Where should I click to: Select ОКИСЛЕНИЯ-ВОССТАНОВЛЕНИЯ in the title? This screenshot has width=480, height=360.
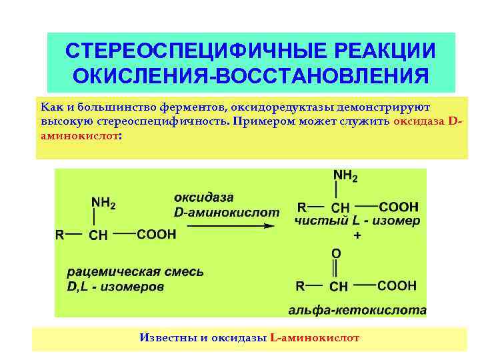tap(251, 76)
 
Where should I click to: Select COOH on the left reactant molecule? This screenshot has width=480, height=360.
tap(157, 235)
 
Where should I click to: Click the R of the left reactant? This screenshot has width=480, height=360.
tap(59, 235)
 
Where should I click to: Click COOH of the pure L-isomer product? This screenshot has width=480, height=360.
tap(399, 207)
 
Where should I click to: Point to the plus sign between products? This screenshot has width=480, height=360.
tap(357, 236)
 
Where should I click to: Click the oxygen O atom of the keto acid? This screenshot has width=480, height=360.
tap(336, 253)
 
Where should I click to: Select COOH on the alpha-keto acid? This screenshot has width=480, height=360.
tap(397, 285)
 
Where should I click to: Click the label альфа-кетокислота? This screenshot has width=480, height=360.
tap(357, 311)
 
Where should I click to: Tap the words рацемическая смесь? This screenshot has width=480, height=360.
tap(135, 272)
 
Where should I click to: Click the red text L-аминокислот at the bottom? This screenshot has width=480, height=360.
tap(315, 338)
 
